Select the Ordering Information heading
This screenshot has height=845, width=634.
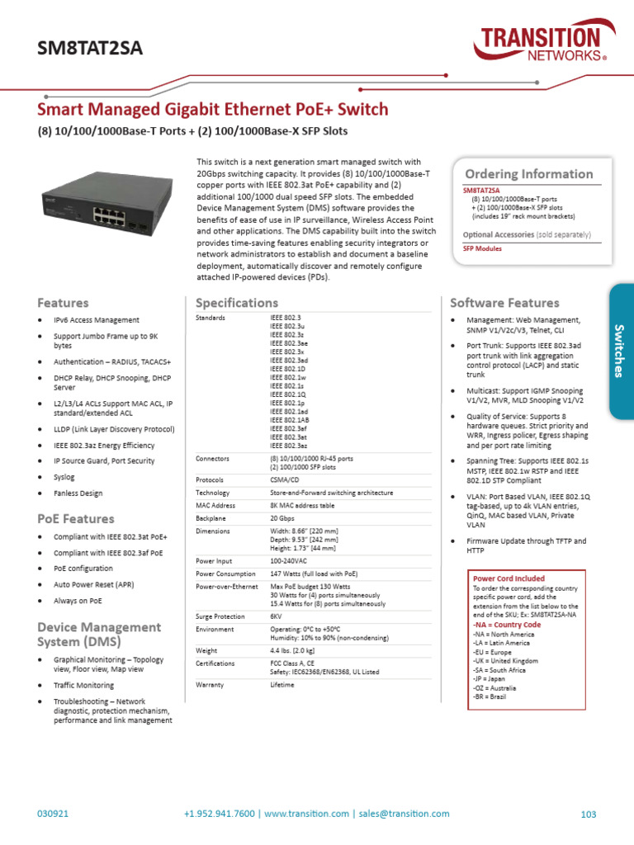click(x=528, y=174)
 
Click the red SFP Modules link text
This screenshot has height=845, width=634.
click(x=482, y=248)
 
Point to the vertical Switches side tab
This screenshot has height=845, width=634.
click(x=621, y=351)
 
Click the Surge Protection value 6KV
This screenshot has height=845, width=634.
click(x=277, y=616)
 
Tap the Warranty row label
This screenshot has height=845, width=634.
click(x=210, y=685)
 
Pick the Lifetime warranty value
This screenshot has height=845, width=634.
click(x=283, y=685)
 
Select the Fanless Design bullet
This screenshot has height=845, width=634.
click(x=78, y=493)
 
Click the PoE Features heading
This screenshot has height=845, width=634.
click(x=76, y=519)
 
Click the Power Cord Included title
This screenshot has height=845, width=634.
click(x=509, y=578)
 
